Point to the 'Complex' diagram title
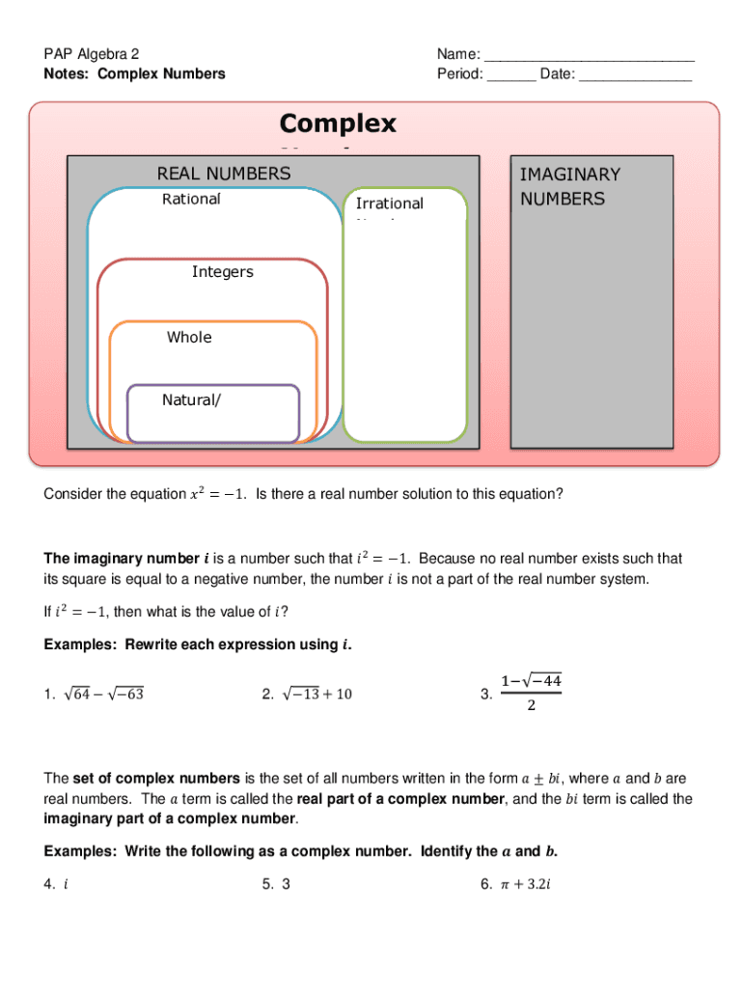coord(338,123)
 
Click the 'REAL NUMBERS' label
coord(223,174)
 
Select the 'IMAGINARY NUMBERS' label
coord(569,186)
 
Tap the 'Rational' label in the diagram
coord(191,199)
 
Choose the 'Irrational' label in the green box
coord(389,204)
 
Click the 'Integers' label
coord(222,272)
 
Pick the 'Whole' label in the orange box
coord(189,338)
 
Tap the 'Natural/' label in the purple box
coord(190,399)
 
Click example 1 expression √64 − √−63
coord(105,694)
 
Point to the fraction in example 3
coord(531,693)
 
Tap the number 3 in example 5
coord(286,881)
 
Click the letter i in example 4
coord(65,881)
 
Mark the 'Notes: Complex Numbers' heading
coord(134,74)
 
